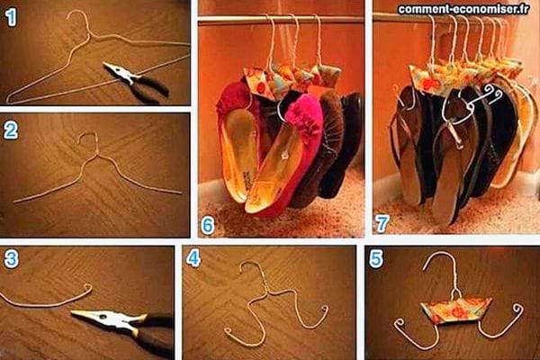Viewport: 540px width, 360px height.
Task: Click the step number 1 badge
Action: (x=12, y=16)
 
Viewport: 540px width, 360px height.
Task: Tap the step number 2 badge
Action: (x=12, y=130)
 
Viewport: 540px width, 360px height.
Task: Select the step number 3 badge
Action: (x=12, y=260)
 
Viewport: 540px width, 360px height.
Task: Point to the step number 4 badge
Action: (x=193, y=260)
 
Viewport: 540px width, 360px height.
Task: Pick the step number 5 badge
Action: (x=376, y=259)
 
